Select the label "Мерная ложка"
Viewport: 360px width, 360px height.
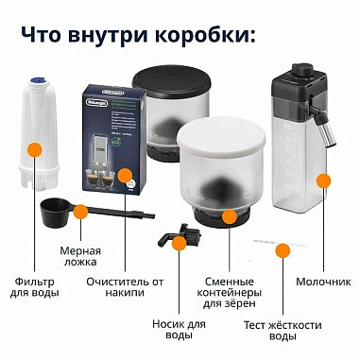pyautogui.click(x=79, y=258)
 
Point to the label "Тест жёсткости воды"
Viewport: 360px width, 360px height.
pyautogui.click(x=282, y=328)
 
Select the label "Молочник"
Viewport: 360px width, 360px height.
pyautogui.click(x=319, y=281)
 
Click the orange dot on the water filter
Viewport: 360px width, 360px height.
pyautogui.click(x=35, y=149)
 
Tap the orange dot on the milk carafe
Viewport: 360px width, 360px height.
pyautogui.click(x=324, y=180)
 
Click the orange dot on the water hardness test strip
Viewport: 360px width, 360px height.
pyautogui.click(x=282, y=251)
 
